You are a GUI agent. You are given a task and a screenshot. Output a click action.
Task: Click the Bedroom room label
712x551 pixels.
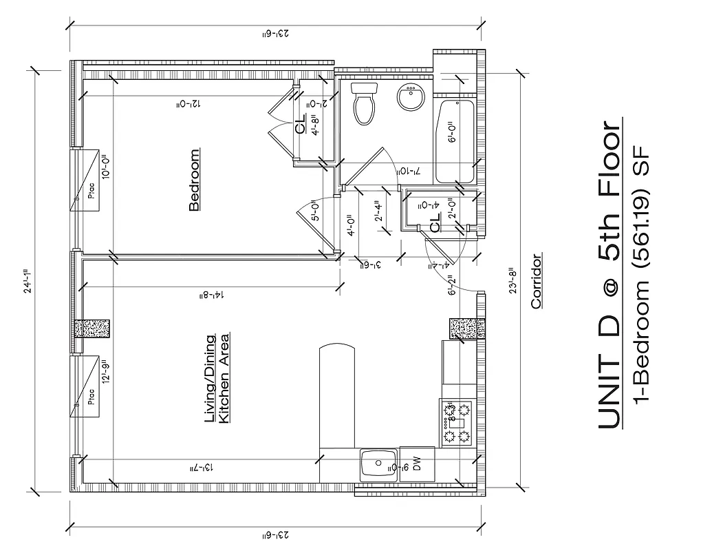194,180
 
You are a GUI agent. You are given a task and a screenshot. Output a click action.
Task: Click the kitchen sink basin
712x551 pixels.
378,464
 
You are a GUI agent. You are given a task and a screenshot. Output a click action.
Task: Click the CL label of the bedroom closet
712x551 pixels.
300,127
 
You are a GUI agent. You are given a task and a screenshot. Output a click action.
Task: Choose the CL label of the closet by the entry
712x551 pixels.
435,225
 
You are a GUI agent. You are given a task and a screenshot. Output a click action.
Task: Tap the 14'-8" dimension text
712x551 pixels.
211,295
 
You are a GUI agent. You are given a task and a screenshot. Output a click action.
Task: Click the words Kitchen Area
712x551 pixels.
224,378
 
